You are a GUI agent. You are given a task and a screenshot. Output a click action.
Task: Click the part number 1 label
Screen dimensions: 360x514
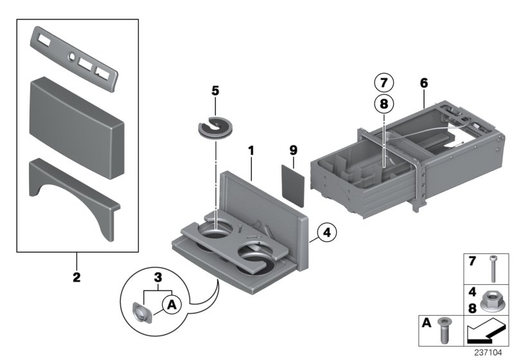[251, 152]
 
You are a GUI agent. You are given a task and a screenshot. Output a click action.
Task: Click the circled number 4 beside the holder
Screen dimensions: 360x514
[326, 232]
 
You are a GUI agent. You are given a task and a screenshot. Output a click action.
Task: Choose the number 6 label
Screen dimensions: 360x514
[423, 83]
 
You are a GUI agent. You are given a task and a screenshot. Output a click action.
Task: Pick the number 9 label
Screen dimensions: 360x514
[293, 150]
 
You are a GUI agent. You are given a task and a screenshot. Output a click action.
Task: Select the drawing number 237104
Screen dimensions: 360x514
[490, 353]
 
